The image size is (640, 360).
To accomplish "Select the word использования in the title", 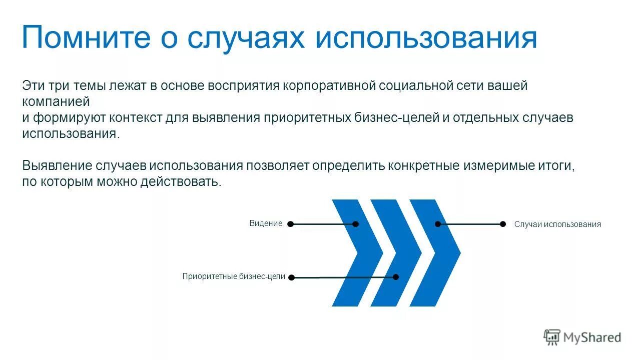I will pyautogui.click(x=426, y=38).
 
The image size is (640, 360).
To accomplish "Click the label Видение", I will pyautogui.click(x=266, y=223).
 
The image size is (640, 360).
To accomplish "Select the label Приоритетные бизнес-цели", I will pyautogui.click(x=234, y=276).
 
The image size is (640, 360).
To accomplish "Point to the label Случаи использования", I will pyautogui.click(x=557, y=224).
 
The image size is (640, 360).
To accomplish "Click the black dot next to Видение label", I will pyautogui.click(x=290, y=224).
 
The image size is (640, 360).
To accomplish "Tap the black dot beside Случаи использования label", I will pyautogui.click(x=503, y=224).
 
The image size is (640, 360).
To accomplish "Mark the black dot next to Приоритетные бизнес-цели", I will pyautogui.click(x=292, y=277).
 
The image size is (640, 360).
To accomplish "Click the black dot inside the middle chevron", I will pyautogui.click(x=396, y=276).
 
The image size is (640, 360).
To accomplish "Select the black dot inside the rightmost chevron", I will pyautogui.click(x=438, y=224).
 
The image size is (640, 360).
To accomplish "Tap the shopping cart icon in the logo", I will pyautogui.click(x=552, y=337).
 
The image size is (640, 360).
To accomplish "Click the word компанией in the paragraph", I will pyautogui.click(x=56, y=101).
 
